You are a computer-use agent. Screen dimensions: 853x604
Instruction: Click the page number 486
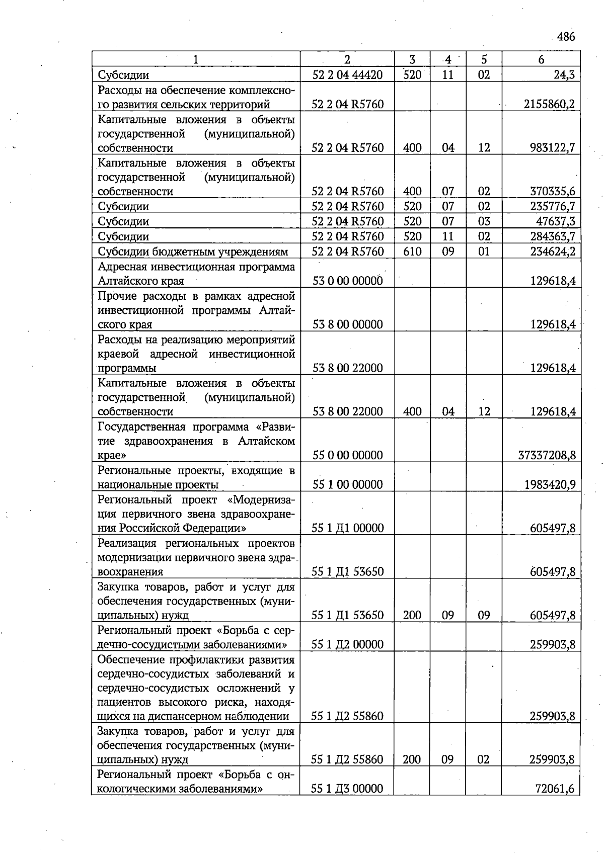(566, 37)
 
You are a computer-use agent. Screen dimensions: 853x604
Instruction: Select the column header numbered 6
(541, 59)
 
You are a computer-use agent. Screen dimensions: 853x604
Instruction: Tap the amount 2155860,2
(549, 105)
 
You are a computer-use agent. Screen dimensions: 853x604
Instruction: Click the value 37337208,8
(547, 456)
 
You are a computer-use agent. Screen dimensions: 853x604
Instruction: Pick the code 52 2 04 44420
(347, 75)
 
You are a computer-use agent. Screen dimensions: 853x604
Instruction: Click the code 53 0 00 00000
(347, 281)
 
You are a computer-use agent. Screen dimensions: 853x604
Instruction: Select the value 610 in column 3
(412, 251)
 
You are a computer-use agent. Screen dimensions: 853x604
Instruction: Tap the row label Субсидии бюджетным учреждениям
(193, 251)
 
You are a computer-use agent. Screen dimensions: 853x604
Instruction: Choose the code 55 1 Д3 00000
(347, 789)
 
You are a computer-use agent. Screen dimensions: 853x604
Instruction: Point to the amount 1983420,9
(549, 485)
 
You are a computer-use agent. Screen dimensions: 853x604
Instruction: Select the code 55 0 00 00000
(347, 456)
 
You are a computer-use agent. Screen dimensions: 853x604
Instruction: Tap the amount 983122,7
(552, 148)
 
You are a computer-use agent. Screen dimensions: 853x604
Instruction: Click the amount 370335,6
(552, 192)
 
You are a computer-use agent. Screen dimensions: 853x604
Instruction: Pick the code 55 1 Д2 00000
(347, 645)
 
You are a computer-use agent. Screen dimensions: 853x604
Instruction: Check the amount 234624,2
(552, 251)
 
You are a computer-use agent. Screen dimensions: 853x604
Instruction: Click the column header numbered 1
(195, 59)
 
